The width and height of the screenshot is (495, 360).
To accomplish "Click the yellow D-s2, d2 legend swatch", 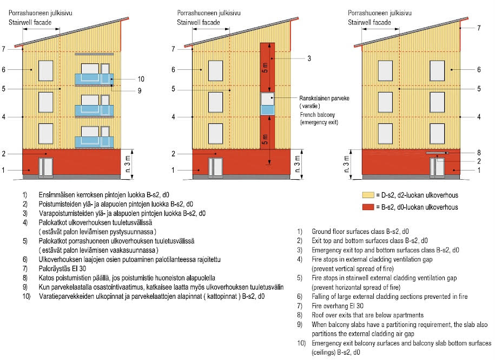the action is coord(368,195).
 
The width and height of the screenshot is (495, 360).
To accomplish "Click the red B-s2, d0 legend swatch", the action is coord(368,207).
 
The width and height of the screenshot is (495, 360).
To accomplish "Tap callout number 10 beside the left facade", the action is coord(141,79).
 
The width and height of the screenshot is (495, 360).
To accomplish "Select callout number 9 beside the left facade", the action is coord(140,91).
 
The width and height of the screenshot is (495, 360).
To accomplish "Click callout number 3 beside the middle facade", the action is coord(309,58).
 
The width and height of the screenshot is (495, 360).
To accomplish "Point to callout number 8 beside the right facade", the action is coord(479,153).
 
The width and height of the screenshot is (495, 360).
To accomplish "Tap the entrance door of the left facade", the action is coord(46,167).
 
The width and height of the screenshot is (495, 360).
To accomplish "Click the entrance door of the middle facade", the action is coord(215,167).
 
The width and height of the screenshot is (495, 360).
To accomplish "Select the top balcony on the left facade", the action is coord(94,79).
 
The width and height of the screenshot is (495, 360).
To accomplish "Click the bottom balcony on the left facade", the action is coord(94,142).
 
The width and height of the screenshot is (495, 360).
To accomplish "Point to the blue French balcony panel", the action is coord(267,110).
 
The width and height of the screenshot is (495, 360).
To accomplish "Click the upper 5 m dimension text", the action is coord(265,68).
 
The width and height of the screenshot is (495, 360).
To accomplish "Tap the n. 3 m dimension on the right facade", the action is coord(347,163).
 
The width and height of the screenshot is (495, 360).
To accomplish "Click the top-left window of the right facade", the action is coord(385,71).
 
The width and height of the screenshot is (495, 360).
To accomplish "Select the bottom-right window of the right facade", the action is coord(437,134).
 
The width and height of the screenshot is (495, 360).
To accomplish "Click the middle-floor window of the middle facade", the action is coord(215,102).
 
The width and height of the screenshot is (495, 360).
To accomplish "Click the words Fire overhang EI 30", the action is coord(338,306).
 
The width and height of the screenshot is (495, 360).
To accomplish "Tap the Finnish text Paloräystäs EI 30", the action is coord(62,269).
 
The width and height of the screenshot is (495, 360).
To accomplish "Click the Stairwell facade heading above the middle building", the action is coord(198,22).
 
